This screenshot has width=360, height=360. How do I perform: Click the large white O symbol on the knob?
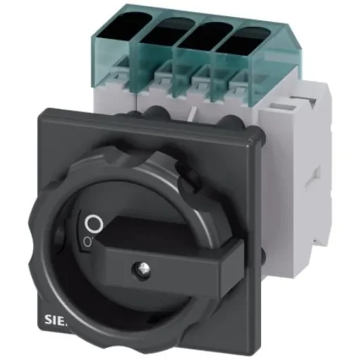pos(90,225)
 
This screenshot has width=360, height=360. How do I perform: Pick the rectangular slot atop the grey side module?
pos(289,104)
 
